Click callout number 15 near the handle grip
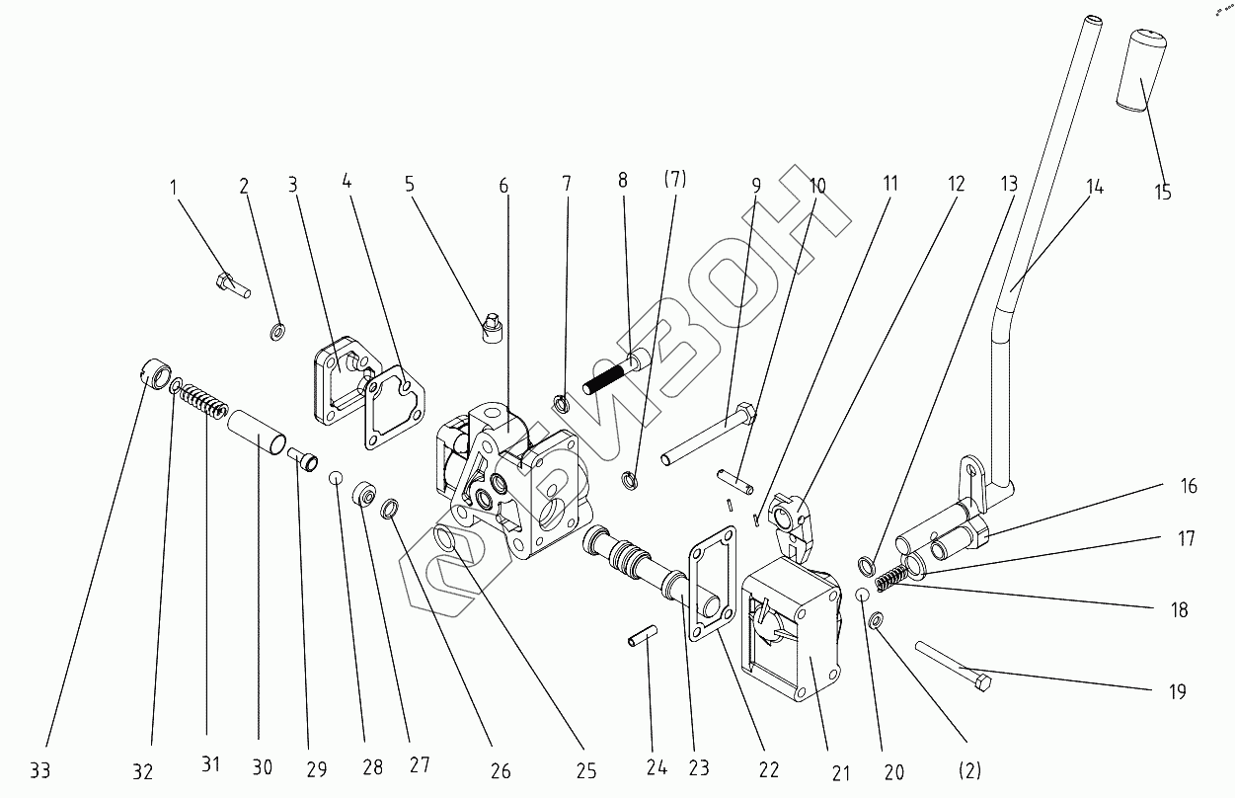point(1163,192)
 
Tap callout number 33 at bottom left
point(39,767)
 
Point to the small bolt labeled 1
point(231,284)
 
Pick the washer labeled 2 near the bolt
point(276,329)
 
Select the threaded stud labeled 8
point(614,370)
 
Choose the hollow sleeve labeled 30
point(260,436)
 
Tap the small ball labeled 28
point(336,479)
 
